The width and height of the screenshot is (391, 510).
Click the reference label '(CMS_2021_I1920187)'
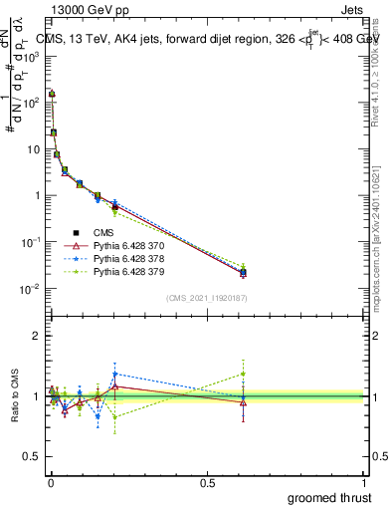pos(207,298)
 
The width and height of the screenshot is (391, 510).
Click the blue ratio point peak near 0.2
pos(115,374)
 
